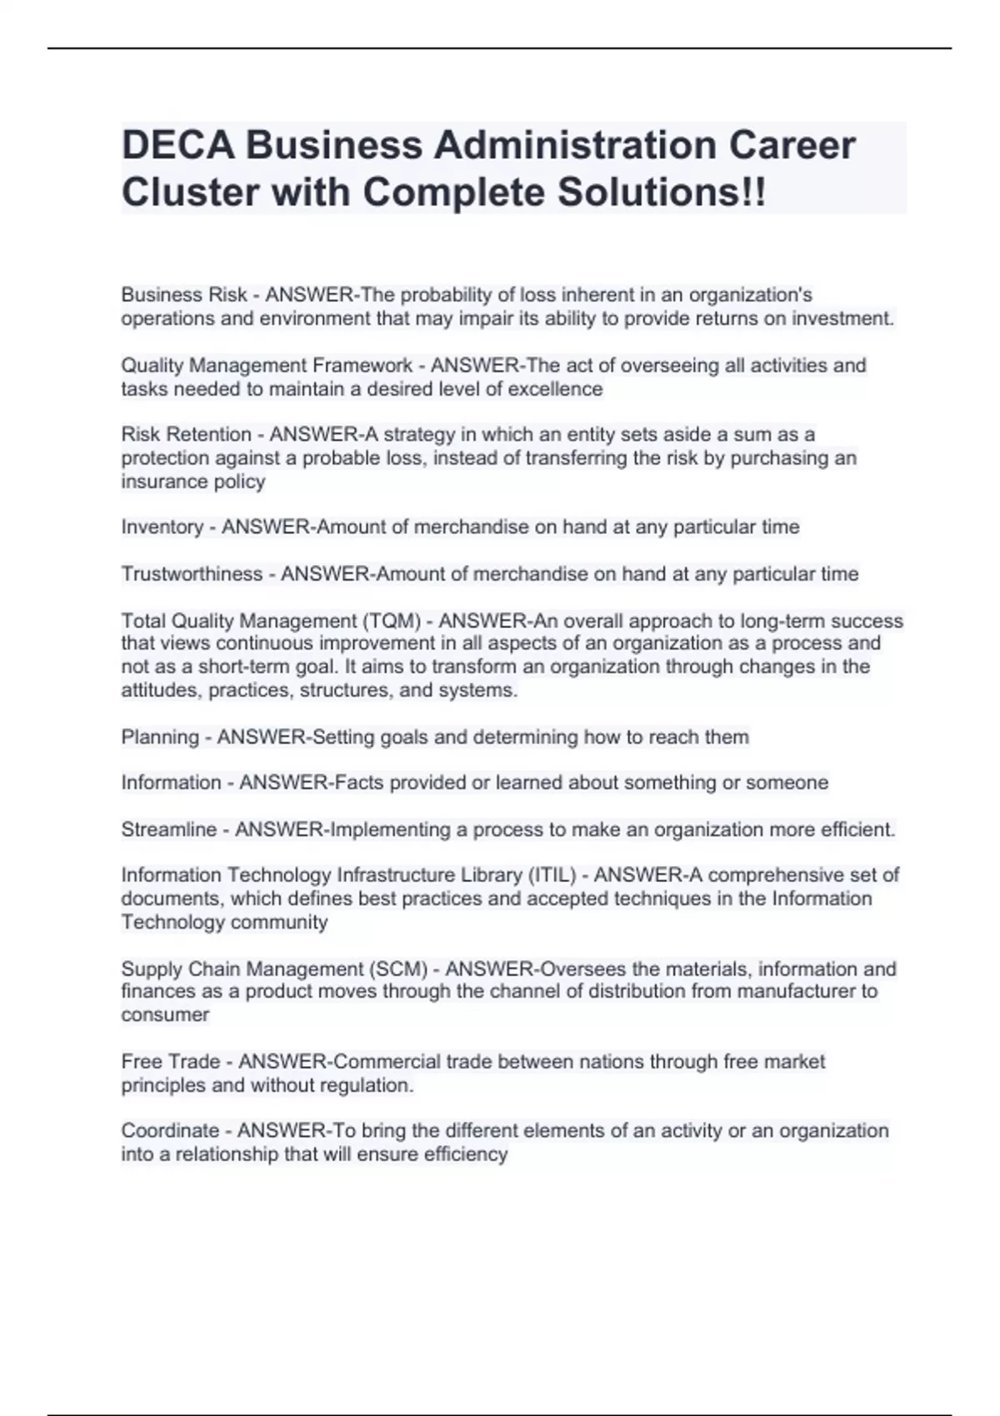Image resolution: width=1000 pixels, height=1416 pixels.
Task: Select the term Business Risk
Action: [184, 295]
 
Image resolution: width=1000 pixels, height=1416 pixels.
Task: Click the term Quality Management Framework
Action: [267, 366]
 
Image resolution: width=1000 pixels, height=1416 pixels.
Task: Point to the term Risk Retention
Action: [186, 435]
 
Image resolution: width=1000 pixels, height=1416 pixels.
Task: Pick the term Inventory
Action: [162, 527]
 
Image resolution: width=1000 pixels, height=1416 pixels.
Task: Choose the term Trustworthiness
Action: [192, 574]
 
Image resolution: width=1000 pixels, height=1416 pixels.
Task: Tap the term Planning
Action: [160, 737]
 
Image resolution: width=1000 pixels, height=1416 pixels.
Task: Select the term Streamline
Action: [168, 830]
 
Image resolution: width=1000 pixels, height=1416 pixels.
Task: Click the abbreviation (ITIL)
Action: [551, 875]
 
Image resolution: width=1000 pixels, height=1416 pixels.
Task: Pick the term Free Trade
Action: [171, 1062]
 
